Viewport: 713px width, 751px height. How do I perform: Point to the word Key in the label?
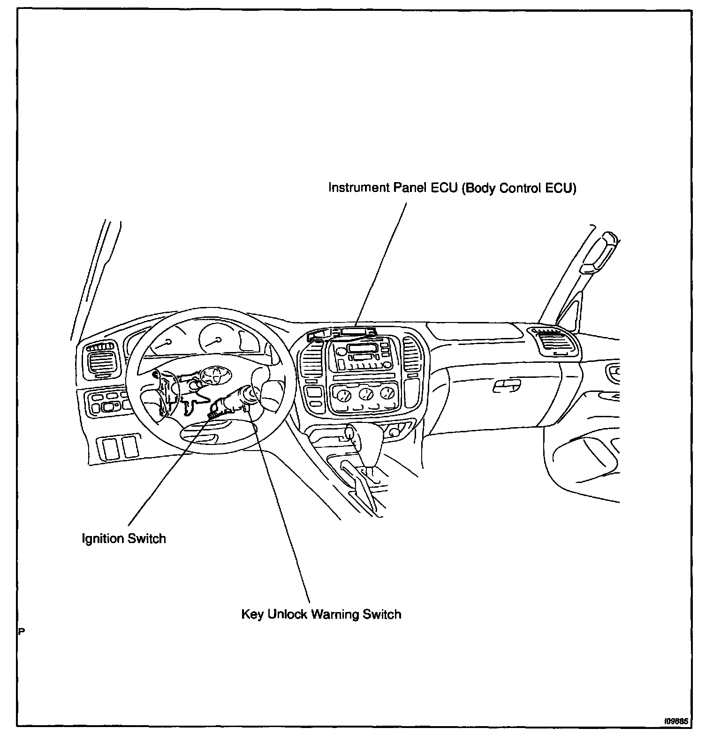pos(252,614)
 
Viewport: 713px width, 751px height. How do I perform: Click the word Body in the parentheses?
pos(480,188)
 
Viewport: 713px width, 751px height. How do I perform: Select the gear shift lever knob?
pos(351,432)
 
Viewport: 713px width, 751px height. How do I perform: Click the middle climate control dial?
pos(366,394)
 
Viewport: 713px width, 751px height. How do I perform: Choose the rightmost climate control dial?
pos(387,393)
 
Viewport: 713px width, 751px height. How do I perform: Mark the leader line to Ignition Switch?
pos(164,469)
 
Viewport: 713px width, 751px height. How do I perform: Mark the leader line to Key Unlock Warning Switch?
pos(281,512)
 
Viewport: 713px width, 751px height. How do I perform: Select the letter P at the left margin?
pos(21,631)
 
